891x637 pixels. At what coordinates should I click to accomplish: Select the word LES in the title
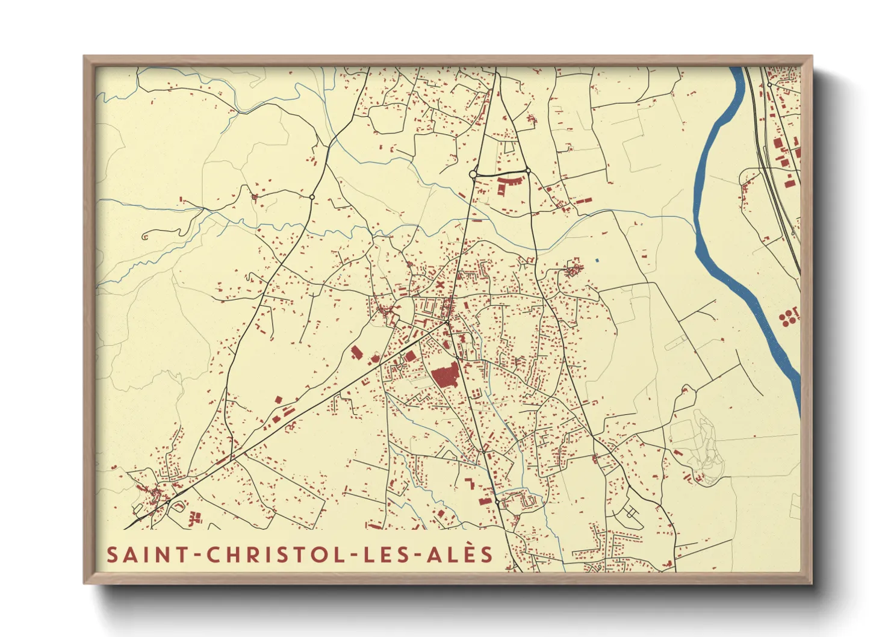386,555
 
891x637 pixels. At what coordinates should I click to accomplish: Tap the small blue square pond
597,260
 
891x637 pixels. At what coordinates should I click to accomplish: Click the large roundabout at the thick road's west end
473,174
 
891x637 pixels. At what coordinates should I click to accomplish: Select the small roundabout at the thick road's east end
528,171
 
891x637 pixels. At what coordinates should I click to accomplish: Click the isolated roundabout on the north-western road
312,197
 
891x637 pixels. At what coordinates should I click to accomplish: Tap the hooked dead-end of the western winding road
144,237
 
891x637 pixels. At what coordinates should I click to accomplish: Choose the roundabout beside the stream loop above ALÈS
497,500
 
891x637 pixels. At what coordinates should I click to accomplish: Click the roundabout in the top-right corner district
769,85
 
